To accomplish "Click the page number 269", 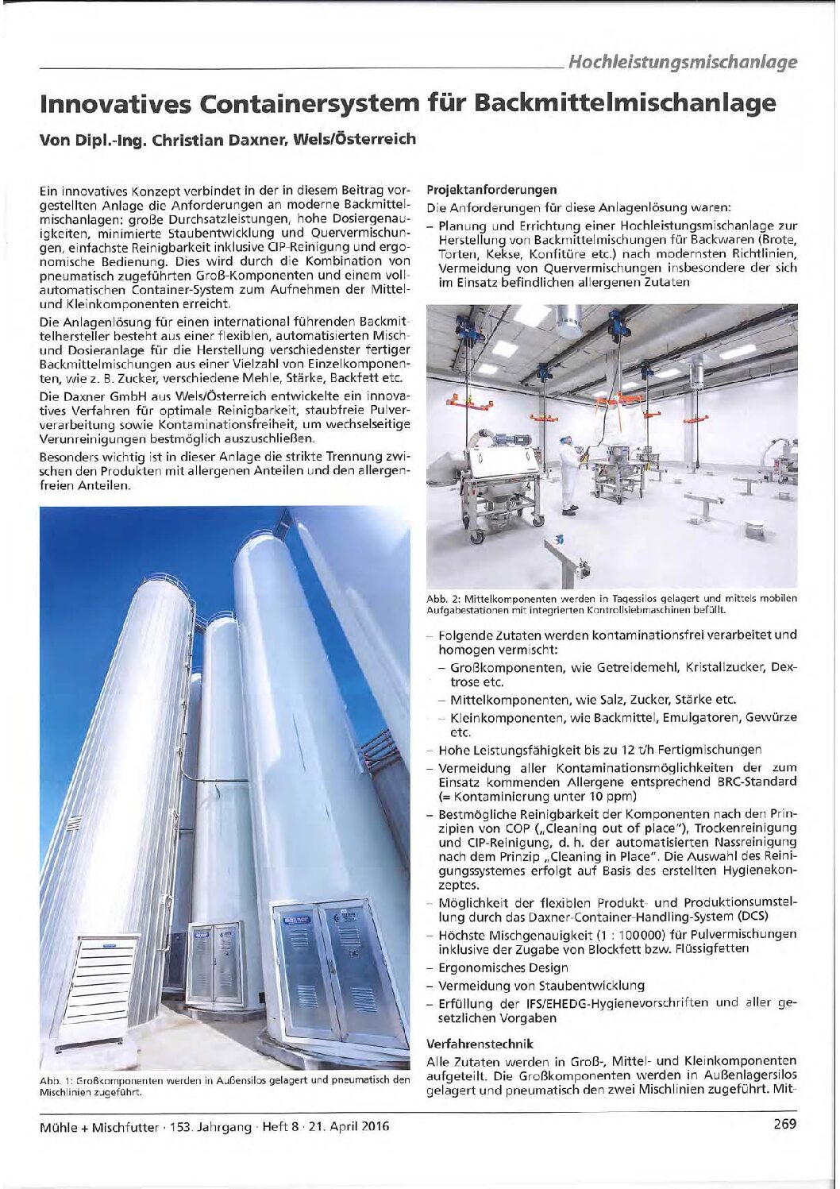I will (782, 1124).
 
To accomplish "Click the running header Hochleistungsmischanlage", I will (684, 61).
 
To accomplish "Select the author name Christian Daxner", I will (208, 140).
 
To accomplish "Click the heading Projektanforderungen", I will (492, 190).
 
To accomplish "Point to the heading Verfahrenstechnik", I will (480, 1043).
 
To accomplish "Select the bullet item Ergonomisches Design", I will (503, 967).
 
